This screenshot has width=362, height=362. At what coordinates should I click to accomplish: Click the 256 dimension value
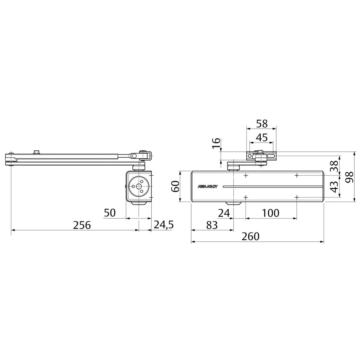(82, 225)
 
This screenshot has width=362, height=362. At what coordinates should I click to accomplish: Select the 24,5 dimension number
(164, 225)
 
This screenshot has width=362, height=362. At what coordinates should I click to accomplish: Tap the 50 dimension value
(110, 213)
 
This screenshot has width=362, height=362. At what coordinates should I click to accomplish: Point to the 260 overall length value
(250, 236)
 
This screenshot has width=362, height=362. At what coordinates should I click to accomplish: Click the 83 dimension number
(212, 225)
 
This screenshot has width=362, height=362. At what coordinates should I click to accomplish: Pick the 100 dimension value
(271, 213)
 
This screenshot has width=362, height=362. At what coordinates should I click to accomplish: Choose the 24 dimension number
(224, 213)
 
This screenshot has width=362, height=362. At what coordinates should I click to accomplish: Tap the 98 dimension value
(350, 177)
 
